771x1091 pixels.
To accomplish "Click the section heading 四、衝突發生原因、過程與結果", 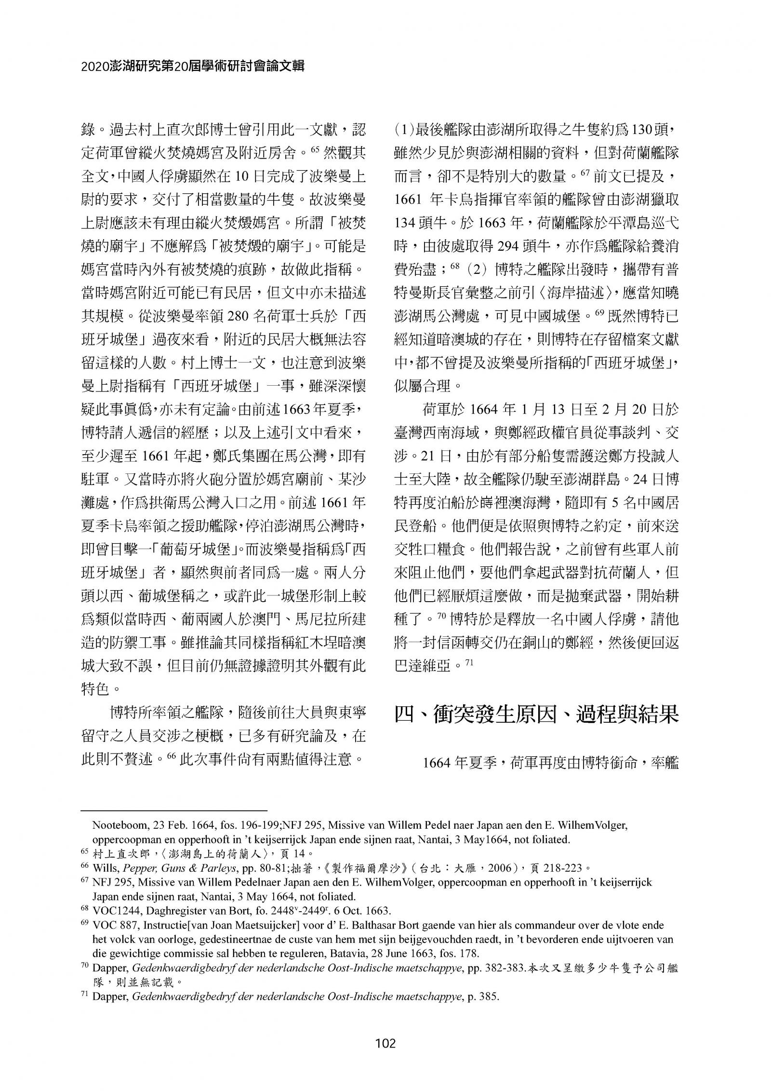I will [x=536, y=714].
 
